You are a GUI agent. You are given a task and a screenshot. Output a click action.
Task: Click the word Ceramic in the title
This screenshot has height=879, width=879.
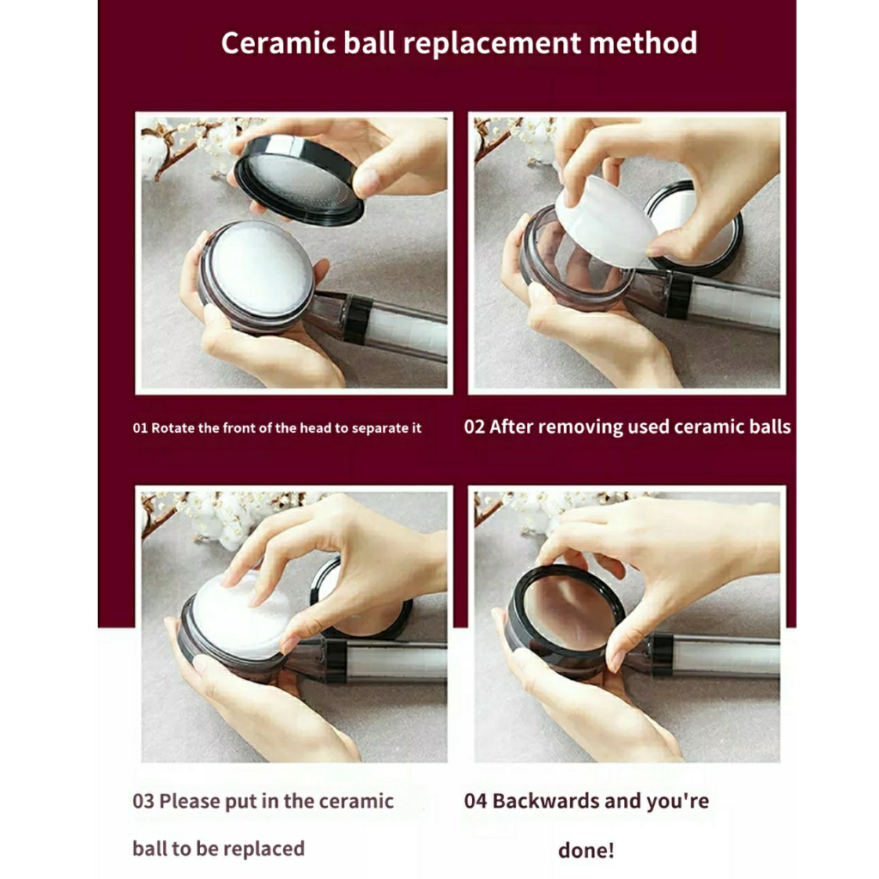coord(278,43)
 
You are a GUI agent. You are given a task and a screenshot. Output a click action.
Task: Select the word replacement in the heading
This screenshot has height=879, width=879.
coord(492,44)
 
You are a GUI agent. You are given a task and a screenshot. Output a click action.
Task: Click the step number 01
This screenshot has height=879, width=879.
coord(140,428)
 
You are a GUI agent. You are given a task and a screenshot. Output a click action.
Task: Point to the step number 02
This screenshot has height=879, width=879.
coord(474,427)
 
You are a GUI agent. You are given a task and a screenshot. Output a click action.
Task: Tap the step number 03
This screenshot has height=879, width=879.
coord(142,801)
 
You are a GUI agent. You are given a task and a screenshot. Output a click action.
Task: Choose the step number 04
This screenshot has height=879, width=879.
coord(475,801)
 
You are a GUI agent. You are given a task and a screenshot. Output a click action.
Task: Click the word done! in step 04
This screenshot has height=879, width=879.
coord(585,851)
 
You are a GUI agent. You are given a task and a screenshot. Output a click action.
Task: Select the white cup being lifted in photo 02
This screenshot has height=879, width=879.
coord(605,221)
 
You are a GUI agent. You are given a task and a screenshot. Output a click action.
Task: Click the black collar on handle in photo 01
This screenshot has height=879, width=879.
coord(358,319)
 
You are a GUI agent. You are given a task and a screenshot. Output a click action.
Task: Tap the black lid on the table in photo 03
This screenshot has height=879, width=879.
coord(361,600)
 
